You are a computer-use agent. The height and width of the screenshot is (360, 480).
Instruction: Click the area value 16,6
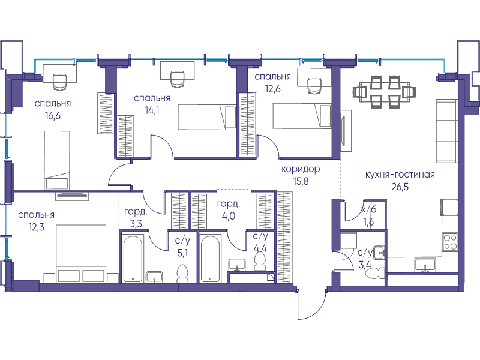pyautogui.click(x=53, y=116)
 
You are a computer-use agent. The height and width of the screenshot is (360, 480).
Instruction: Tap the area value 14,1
pyautogui.click(x=152, y=110)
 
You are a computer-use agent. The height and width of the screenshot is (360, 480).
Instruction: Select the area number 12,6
pyautogui.click(x=272, y=89)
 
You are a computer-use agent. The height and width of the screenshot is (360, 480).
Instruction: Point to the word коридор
pyautogui.click(x=301, y=169)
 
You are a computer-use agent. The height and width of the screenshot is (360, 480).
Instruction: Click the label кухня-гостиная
pyautogui.click(x=400, y=175)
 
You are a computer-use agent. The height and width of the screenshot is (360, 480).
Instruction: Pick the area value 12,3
pyautogui.click(x=36, y=227)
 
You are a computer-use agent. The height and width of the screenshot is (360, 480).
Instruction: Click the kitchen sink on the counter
pyautogui.click(x=425, y=265)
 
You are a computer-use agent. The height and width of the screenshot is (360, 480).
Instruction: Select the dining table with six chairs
pyautogui.click(x=384, y=92)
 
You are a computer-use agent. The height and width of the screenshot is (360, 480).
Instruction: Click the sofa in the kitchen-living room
pyautogui.click(x=446, y=131)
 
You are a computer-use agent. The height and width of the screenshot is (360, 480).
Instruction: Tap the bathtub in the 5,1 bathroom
pyautogui.click(x=133, y=259)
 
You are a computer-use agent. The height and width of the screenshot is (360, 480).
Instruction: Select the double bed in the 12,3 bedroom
pyautogui.click(x=81, y=253)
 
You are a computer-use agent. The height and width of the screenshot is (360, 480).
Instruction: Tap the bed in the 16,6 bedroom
pyautogui.click(x=57, y=160)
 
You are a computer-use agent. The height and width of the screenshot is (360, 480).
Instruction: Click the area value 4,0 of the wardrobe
pyautogui.click(x=229, y=216)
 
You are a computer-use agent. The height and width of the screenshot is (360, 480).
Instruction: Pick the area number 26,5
pyautogui.click(x=400, y=187)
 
